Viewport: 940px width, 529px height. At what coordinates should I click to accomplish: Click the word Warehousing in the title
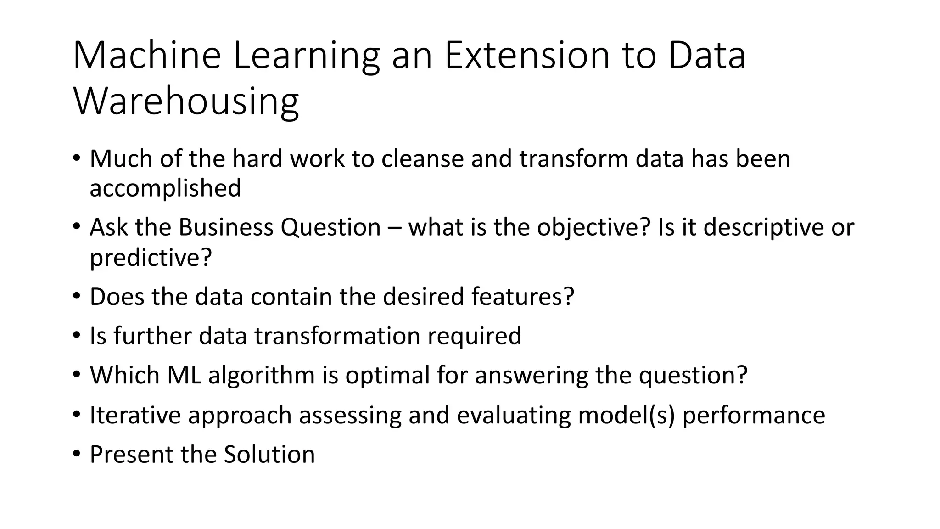click(186, 101)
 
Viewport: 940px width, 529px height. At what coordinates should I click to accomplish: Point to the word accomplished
click(165, 188)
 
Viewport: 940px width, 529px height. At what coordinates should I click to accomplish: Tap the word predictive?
click(151, 257)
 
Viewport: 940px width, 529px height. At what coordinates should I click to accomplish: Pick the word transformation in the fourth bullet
click(337, 336)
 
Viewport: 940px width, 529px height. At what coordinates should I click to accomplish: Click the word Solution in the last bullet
click(269, 455)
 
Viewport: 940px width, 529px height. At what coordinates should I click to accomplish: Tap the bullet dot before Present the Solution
click(76, 454)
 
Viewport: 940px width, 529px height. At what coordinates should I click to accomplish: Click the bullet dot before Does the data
click(76, 296)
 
